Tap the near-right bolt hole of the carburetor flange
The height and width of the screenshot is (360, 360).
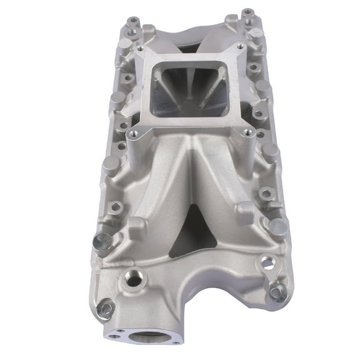click(248, 132)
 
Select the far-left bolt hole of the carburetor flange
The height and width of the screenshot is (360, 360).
click(139, 48)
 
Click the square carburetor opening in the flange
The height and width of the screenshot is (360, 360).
click(187, 87)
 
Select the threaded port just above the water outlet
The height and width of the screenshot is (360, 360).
click(133, 280)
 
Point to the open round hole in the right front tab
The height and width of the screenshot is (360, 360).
click(268, 263)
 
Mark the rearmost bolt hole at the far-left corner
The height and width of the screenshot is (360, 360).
click(132, 22)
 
